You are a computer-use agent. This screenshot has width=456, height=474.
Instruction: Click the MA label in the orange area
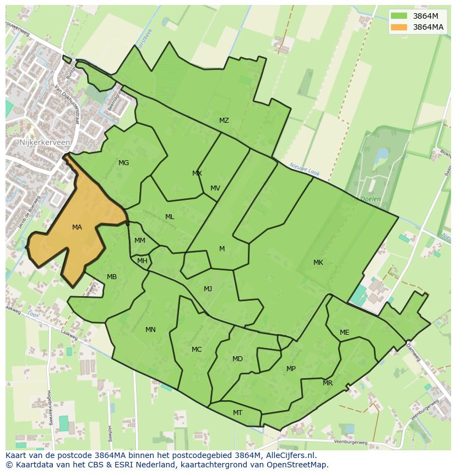[77, 227]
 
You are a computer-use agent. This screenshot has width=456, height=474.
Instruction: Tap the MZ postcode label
[224, 121]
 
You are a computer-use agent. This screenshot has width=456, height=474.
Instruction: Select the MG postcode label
[123, 163]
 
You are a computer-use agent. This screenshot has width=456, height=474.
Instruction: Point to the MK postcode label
[318, 263]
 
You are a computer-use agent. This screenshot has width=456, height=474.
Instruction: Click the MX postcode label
[197, 173]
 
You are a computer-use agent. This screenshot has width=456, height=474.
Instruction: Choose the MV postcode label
[215, 188]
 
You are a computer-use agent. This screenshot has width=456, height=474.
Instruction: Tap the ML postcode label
[170, 217]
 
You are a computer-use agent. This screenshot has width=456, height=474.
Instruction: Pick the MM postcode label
[140, 241]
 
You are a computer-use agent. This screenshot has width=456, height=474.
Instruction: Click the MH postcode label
[142, 261]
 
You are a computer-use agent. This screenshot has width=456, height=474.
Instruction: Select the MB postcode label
[112, 277]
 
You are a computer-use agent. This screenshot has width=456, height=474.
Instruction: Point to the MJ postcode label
[208, 289]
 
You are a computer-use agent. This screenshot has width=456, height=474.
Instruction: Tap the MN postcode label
[150, 330]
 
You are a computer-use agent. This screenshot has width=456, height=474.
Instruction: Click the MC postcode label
[197, 350]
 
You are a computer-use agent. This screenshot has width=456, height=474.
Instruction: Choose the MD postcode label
[237, 359]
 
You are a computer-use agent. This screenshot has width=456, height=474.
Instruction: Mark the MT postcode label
[237, 413]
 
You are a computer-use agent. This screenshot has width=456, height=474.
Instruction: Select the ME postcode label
[344, 333]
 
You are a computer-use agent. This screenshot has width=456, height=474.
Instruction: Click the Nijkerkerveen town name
[45, 142]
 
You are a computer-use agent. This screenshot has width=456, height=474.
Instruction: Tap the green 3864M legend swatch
[399, 16]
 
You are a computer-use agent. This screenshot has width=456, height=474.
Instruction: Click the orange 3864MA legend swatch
[399, 27]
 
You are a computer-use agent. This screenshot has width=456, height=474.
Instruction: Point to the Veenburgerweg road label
[350, 442]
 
